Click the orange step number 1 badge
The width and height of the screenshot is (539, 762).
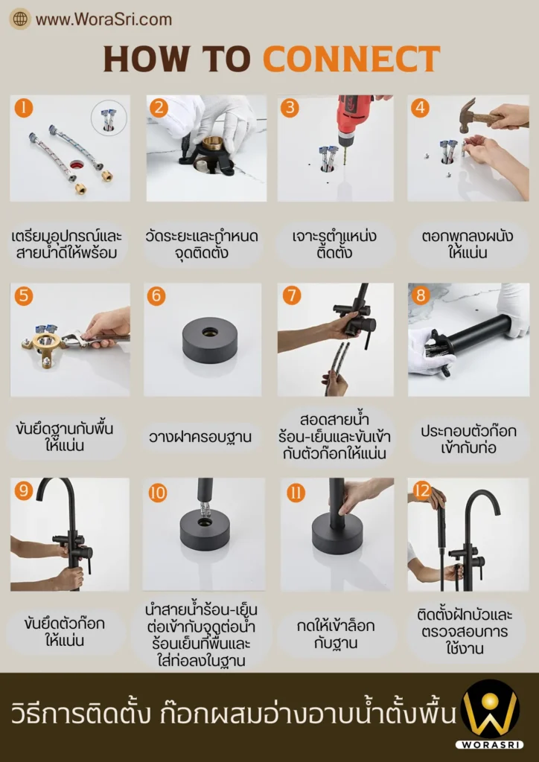pos(24,108)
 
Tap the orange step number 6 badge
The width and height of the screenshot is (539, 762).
pos(156,296)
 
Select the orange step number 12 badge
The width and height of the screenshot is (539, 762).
pos(422,491)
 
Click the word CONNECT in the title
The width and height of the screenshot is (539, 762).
pos(351,59)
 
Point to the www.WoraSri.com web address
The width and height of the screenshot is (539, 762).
pos(103,19)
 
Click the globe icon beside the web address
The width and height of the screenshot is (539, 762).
pos(20,19)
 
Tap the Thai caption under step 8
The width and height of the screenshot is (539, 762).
pos(468,439)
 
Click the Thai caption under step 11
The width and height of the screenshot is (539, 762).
pos(336,634)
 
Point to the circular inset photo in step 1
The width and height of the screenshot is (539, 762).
pos(109,118)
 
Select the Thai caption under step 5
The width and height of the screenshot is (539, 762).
pos(65,437)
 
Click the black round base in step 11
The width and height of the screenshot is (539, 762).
pos(337,534)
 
